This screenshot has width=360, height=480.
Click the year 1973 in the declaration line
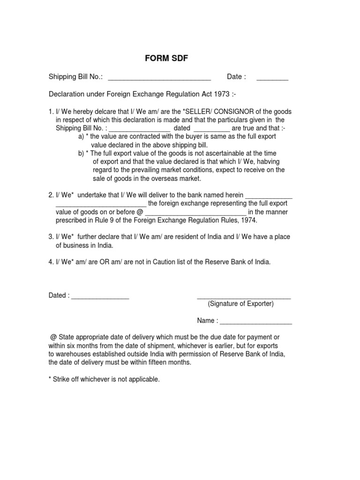222,94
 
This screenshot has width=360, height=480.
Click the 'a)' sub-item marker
82,136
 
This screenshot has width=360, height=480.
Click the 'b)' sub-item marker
82,153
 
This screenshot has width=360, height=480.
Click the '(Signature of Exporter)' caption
241,304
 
